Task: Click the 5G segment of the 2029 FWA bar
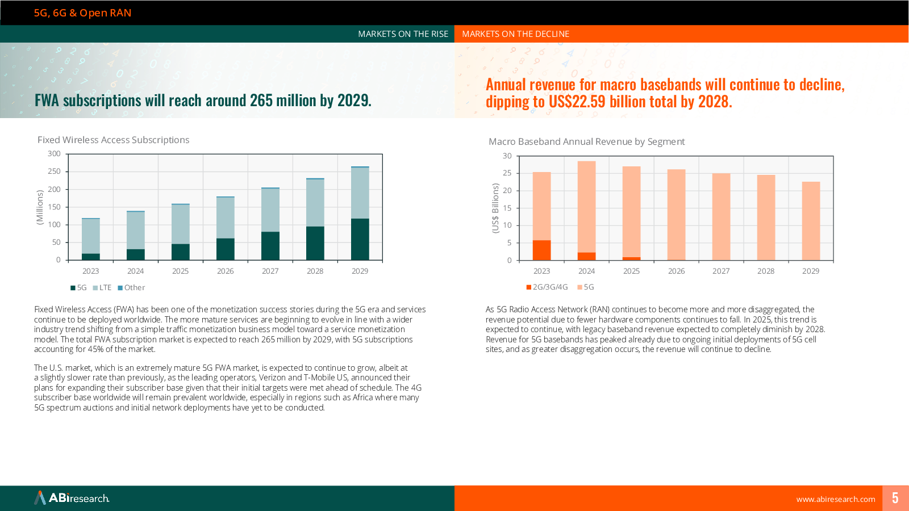tap(360, 239)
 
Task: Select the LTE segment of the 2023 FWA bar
tap(91, 236)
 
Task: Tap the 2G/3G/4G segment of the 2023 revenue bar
tap(541, 250)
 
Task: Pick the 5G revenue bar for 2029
tap(811, 221)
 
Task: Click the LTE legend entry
tap(102, 288)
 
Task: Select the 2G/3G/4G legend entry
tap(547, 287)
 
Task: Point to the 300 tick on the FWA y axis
tap(54, 154)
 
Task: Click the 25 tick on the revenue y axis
tap(507, 173)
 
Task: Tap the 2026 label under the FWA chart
tap(225, 271)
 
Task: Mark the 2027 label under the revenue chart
tap(721, 271)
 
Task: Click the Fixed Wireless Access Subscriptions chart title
tap(113, 140)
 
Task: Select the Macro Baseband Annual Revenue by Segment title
tap(586, 142)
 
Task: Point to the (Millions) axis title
tap(40, 207)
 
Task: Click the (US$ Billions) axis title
tap(495, 208)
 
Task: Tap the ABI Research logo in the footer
tap(72, 498)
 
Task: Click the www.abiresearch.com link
tap(835, 500)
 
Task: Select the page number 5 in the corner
tap(895, 498)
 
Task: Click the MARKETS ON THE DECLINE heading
tap(515, 34)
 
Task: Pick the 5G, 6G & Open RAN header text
tap(82, 13)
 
